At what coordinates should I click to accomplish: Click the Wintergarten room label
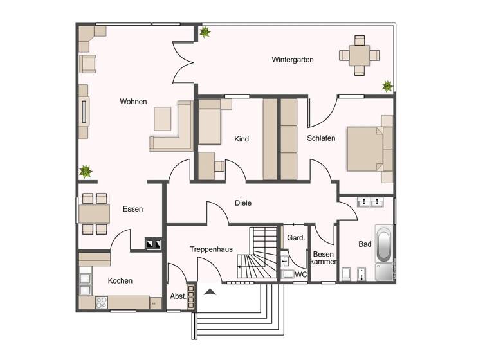[292, 60]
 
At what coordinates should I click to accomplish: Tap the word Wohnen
[133, 102]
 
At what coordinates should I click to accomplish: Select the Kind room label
[241, 139]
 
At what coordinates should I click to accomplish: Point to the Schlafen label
[321, 138]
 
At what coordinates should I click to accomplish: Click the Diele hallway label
[243, 203]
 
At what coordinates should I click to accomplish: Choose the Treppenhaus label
[211, 249]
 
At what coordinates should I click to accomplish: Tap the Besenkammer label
[324, 258]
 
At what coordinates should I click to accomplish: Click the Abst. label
[178, 296]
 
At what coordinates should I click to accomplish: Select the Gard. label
[295, 238]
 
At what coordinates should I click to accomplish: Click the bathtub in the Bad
[383, 244]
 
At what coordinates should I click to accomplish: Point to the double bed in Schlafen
[367, 148]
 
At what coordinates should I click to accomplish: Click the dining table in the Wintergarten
[355, 55]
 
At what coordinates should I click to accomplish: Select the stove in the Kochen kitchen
[102, 301]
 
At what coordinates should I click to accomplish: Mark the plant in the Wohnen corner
[85, 171]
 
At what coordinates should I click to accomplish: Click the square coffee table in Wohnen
[162, 119]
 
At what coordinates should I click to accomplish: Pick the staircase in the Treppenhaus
[256, 254]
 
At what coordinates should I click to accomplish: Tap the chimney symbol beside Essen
[154, 244]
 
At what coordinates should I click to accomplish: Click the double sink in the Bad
[370, 203]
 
